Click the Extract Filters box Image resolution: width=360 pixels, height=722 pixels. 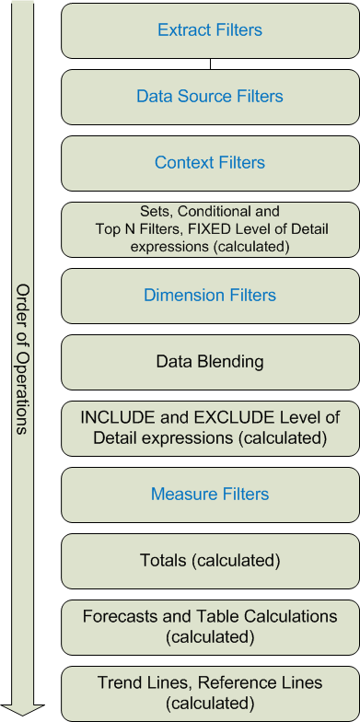(x=210, y=30)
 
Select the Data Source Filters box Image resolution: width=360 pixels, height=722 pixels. (x=210, y=97)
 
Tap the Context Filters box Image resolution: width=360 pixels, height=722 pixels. (x=210, y=163)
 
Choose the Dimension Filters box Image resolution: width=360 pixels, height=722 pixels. (x=210, y=296)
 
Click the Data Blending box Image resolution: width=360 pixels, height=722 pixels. (x=210, y=362)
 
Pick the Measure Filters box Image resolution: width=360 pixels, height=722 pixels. (x=210, y=495)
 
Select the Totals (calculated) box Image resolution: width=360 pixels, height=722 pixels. (x=210, y=561)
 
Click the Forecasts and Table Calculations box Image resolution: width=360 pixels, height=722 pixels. (x=210, y=627)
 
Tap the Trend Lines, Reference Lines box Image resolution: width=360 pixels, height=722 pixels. (x=210, y=693)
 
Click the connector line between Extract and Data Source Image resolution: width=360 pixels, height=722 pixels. (x=210, y=64)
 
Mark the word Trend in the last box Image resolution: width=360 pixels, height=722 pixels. (x=118, y=682)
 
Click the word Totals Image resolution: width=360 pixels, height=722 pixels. (x=162, y=561)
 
